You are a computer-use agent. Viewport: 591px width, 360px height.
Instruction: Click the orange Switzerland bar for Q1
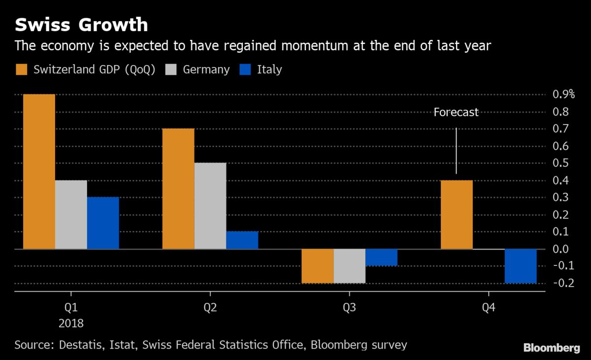click(39, 171)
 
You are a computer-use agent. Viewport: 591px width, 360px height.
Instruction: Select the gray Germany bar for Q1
click(71, 214)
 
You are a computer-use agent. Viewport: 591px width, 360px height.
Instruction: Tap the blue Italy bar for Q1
click(103, 223)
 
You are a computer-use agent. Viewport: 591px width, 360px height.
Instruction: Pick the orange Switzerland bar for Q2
click(178, 189)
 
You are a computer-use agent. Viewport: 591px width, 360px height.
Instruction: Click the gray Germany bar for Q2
click(210, 205)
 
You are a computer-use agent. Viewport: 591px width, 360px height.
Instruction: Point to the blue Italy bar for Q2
click(242, 240)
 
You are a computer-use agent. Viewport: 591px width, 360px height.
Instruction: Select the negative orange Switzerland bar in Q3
click(318, 266)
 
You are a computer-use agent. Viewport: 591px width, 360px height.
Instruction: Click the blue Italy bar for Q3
click(381, 257)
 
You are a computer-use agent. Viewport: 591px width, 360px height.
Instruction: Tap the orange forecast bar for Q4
click(457, 214)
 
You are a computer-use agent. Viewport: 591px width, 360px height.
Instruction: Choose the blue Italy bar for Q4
click(521, 266)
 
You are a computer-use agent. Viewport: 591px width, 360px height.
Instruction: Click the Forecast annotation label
click(456, 112)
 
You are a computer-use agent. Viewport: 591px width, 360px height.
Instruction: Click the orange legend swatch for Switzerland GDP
click(21, 69)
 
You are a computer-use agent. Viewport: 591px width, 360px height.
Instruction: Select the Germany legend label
click(206, 69)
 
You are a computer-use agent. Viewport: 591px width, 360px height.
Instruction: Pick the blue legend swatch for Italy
click(245, 69)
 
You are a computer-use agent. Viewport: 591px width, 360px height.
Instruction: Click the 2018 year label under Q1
click(71, 324)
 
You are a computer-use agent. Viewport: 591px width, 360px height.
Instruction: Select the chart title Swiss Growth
click(81, 25)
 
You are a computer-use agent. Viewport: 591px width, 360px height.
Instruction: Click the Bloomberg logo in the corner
click(552, 348)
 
